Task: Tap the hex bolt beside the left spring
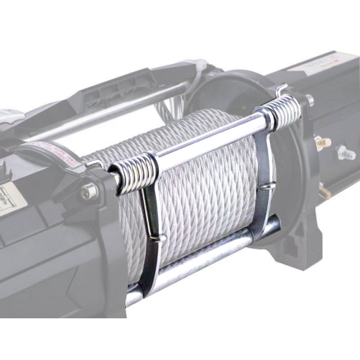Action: coord(88,192)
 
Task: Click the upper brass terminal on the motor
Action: coord(320,142)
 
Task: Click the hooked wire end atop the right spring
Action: coord(282,89)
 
